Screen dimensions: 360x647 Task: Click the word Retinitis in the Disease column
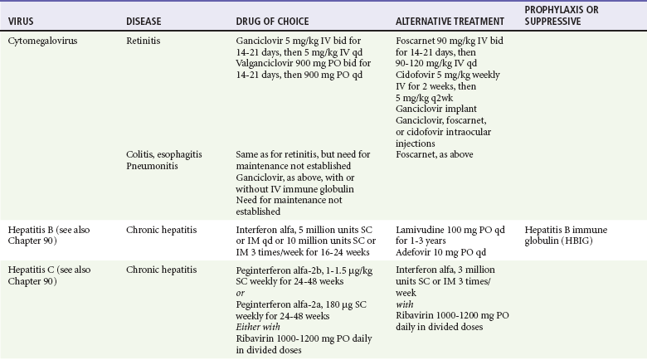(144, 39)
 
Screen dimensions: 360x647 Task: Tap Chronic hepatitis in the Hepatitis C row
(162, 271)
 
